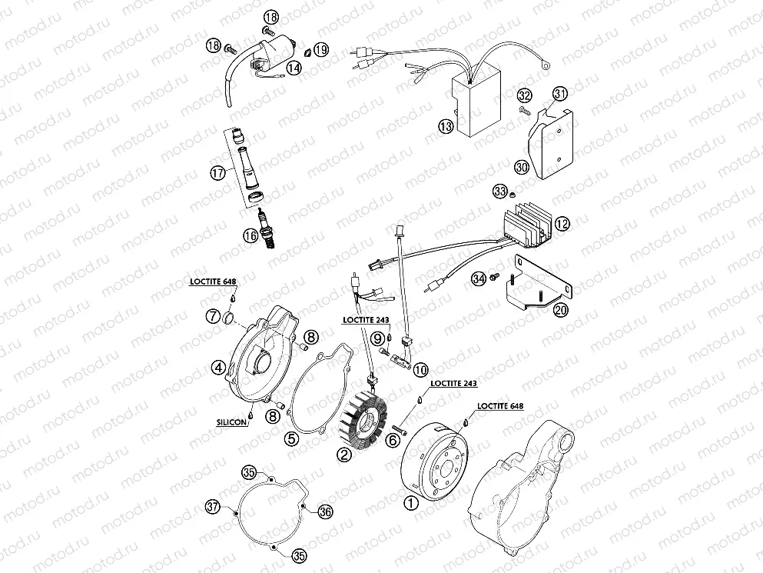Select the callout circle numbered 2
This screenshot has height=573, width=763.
pyautogui.click(x=344, y=454)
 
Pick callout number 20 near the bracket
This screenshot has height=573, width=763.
pyautogui.click(x=561, y=310)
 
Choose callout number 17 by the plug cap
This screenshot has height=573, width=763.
pyautogui.click(x=219, y=174)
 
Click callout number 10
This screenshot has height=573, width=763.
pyautogui.click(x=420, y=369)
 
